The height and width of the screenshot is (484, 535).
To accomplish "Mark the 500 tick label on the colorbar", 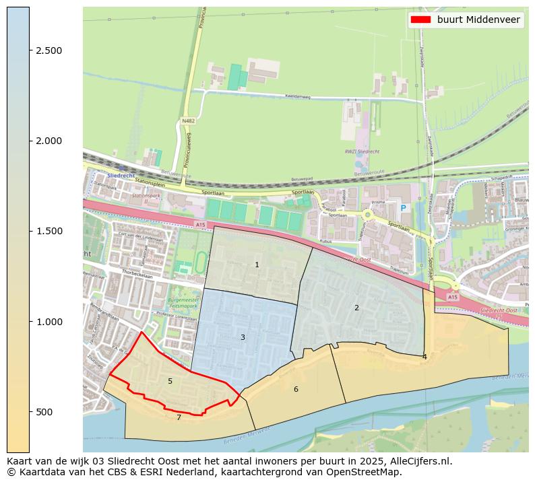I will [x=44, y=411].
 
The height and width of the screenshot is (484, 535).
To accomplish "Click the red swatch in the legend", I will [x=421, y=20].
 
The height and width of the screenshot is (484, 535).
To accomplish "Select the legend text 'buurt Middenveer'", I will [x=478, y=20].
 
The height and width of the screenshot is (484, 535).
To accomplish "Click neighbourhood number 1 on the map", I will [x=257, y=265].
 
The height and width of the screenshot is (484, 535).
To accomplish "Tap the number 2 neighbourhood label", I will [x=356, y=308].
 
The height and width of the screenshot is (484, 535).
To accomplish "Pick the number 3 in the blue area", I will [x=243, y=337].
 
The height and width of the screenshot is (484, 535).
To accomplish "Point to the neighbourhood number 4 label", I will [x=424, y=357].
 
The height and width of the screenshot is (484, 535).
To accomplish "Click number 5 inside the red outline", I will [x=170, y=381].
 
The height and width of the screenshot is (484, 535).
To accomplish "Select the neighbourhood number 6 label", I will [x=296, y=389].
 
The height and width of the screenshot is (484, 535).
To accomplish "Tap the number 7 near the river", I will [x=179, y=417].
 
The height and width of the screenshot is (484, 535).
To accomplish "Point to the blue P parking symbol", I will [x=404, y=209].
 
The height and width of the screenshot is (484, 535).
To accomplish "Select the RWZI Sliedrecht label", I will [x=359, y=151].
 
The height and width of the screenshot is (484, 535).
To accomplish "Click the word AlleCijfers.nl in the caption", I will [x=418, y=461].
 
